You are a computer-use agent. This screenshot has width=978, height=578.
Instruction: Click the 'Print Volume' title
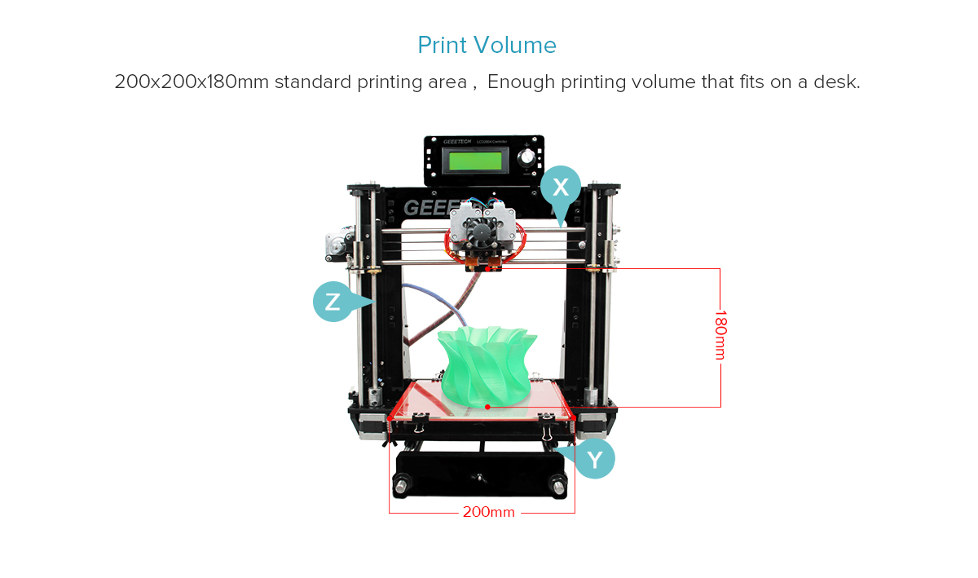click(x=487, y=45)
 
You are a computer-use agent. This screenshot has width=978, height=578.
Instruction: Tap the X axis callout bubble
click(x=561, y=187)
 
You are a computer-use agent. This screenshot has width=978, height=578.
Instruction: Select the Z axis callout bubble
click(x=333, y=302)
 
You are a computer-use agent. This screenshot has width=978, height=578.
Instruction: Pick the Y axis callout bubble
click(x=594, y=459)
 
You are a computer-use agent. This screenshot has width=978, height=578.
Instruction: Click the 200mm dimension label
click(x=488, y=512)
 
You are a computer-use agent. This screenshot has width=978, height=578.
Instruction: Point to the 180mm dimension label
click(x=720, y=335)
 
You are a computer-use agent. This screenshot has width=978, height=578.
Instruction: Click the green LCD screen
click(x=475, y=160)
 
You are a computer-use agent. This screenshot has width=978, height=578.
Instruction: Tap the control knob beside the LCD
click(x=527, y=157)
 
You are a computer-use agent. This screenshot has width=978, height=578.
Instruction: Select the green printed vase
click(x=487, y=364)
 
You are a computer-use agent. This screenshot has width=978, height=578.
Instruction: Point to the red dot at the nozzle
click(x=487, y=269)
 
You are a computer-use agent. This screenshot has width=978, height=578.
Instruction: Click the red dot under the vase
click(x=487, y=407)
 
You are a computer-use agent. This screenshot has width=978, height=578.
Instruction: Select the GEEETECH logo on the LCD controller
click(x=457, y=142)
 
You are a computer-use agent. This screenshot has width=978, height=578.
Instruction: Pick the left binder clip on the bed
click(x=418, y=422)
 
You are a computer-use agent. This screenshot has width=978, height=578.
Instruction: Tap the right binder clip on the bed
click(x=546, y=425)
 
